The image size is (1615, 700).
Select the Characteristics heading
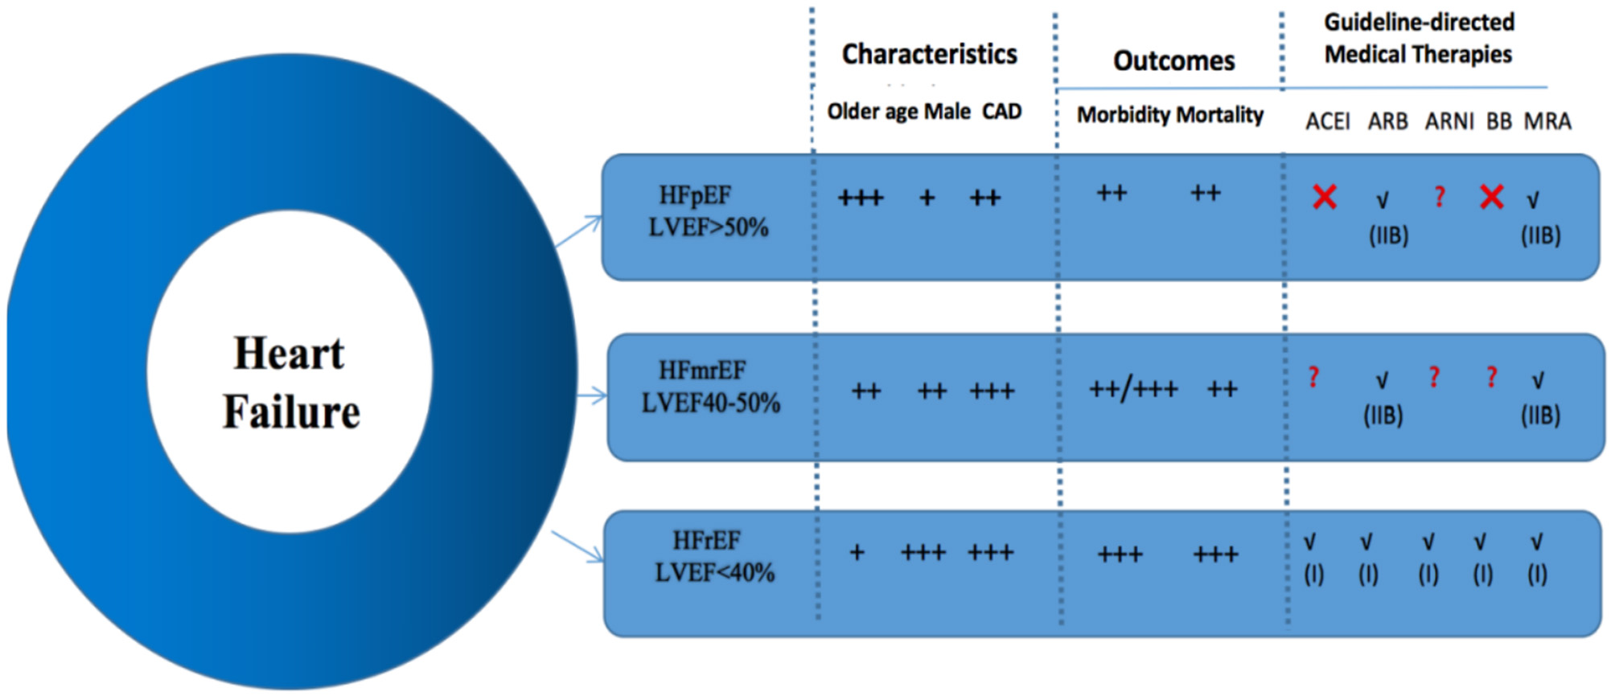(x=929, y=55)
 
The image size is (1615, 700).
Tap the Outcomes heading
(x=1173, y=61)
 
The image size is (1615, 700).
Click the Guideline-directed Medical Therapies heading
(x=1419, y=39)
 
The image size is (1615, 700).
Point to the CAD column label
(x=1001, y=112)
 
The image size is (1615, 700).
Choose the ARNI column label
(x=1449, y=121)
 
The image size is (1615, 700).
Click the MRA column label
(x=1547, y=121)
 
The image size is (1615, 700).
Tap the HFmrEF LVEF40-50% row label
(x=710, y=387)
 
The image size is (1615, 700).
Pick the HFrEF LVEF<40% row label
(x=713, y=557)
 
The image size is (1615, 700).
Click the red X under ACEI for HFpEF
(x=1325, y=197)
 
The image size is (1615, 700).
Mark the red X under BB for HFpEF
(x=1491, y=197)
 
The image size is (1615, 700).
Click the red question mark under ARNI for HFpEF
(x=1440, y=197)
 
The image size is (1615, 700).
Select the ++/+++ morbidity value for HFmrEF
(x=1133, y=390)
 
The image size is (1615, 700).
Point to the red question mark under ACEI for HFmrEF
(x=1313, y=377)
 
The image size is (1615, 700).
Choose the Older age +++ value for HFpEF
(x=861, y=198)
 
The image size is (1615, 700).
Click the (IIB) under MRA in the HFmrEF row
(x=1540, y=415)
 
